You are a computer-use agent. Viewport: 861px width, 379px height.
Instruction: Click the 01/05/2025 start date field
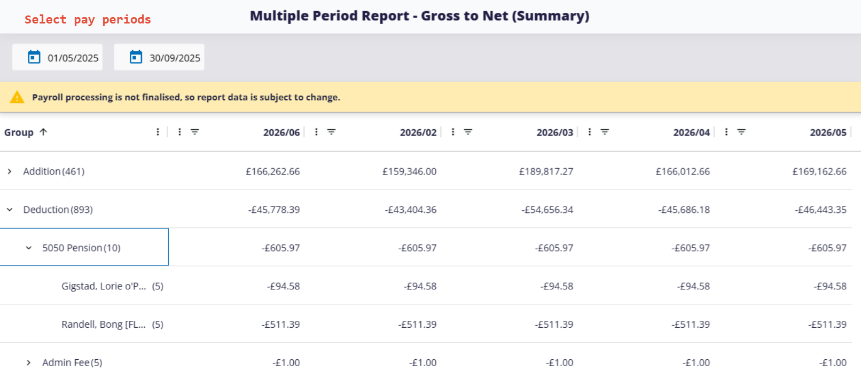coord(58,58)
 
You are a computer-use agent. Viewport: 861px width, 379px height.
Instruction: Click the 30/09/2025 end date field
coord(160,58)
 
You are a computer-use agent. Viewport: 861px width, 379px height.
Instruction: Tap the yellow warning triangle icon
coord(17,97)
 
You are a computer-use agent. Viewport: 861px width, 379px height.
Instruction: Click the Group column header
coord(19,132)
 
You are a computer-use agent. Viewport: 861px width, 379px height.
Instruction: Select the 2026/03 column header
coord(554,132)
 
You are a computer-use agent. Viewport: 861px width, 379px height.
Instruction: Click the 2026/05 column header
coord(828,132)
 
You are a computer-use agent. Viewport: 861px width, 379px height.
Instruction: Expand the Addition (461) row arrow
coord(10,171)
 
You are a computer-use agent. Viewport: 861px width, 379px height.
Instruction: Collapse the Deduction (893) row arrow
coord(10,210)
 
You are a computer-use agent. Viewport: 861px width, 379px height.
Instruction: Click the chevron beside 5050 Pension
coord(29,248)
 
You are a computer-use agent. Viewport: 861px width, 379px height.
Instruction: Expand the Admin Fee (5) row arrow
coord(29,362)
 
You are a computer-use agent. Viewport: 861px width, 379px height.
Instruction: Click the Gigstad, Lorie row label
coord(104,286)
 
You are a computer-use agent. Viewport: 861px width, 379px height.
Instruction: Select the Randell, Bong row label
coord(104,325)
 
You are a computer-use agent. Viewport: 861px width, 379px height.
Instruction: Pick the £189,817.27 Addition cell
coord(546,171)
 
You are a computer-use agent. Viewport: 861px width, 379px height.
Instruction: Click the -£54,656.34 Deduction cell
coord(547,210)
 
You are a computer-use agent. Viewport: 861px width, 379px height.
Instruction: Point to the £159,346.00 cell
coord(409,171)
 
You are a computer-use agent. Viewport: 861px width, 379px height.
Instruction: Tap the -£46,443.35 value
coord(820,210)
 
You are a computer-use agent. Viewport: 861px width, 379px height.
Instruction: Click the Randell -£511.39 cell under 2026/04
coord(691,325)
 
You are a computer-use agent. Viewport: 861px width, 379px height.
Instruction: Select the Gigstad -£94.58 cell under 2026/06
coord(283,286)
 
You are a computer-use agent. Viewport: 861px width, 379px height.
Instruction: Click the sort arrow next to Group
coord(43,132)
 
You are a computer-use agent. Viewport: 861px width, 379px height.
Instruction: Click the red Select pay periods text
coord(88,20)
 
